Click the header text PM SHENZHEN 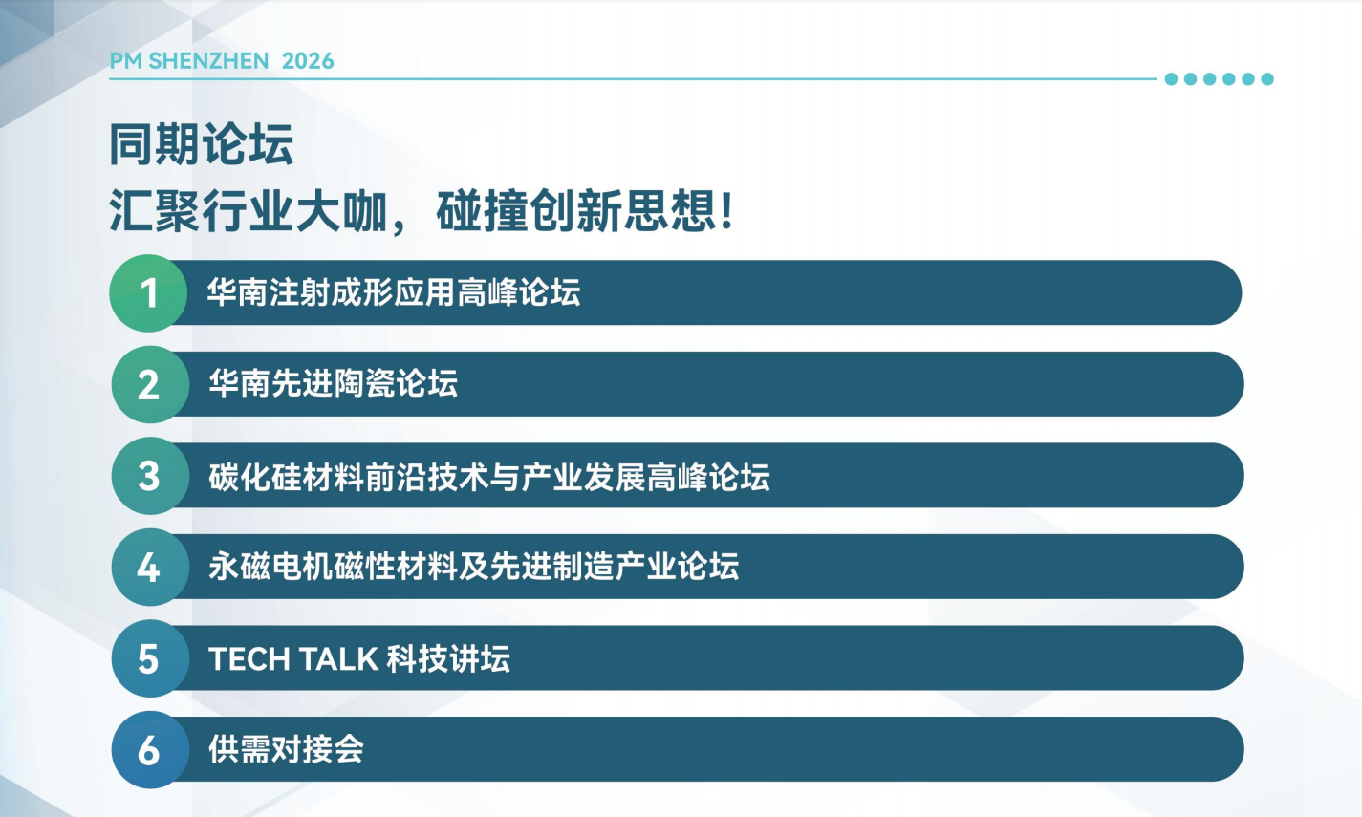[189, 61]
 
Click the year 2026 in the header [308, 61]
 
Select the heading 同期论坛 [202, 144]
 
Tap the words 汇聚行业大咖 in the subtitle [249, 211]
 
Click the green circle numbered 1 [148, 293]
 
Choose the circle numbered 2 [149, 384]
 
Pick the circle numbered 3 [149, 475]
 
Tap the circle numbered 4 [149, 567]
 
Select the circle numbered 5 [149, 658]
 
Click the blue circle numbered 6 [149, 749]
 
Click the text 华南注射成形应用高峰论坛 [394, 292]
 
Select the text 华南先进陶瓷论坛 [334, 383]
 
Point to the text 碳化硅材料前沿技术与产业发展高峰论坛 [489, 477]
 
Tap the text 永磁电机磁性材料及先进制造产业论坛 [474, 567]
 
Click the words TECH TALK [293, 659]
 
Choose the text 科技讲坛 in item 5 [448, 659]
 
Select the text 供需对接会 [287, 749]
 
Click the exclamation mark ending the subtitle [726, 211]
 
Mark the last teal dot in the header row [1267, 79]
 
